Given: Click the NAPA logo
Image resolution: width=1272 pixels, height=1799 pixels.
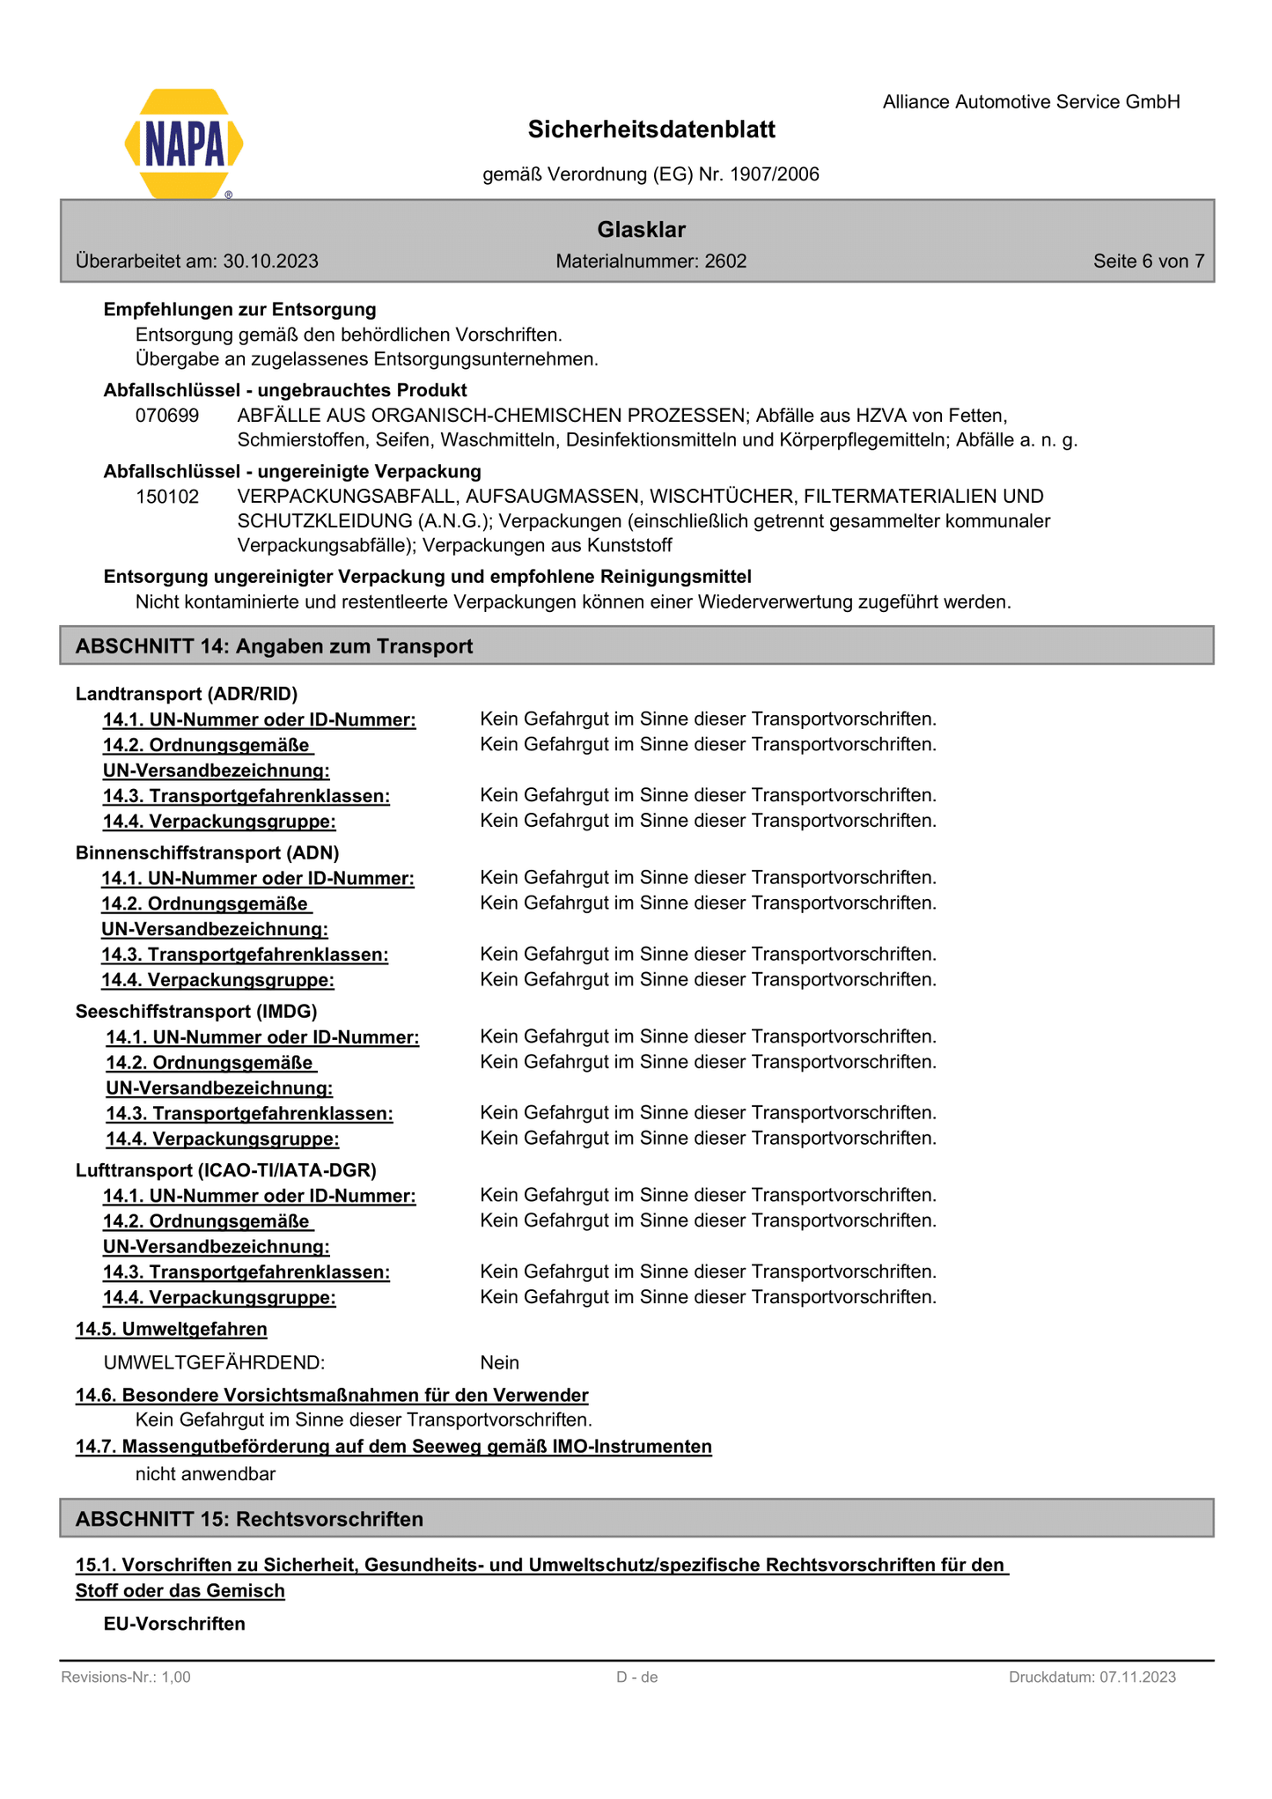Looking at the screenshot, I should pyautogui.click(x=184, y=144).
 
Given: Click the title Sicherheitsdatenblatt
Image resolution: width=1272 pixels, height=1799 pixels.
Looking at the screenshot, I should pyautogui.click(x=651, y=129).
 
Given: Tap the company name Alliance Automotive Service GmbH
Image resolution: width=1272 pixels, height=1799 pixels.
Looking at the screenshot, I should pyautogui.click(x=1031, y=102).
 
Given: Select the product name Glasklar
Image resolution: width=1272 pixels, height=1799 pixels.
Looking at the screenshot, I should pyautogui.click(x=641, y=230).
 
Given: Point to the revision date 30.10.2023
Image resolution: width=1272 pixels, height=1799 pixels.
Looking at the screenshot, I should pyautogui.click(x=270, y=262).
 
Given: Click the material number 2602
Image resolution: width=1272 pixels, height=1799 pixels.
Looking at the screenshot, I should pyautogui.click(x=725, y=262).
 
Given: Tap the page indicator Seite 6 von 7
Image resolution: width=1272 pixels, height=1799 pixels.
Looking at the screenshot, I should pyautogui.click(x=1148, y=262).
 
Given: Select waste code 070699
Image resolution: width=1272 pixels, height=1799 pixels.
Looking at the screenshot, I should pyautogui.click(x=167, y=415).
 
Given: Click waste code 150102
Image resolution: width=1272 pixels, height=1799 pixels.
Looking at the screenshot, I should pyautogui.click(x=167, y=497).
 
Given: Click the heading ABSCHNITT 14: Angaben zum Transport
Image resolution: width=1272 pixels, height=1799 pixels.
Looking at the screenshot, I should pyautogui.click(x=274, y=646).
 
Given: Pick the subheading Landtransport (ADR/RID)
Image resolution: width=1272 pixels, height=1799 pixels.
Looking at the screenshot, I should pyautogui.click(x=187, y=694).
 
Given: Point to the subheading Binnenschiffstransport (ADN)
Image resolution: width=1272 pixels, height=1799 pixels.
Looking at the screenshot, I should pyautogui.click(x=207, y=852).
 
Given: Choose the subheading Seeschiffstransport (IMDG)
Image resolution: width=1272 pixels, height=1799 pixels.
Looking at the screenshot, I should pyautogui.click(x=196, y=1011).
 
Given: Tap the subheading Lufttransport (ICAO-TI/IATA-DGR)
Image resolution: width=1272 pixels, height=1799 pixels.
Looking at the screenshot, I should pyautogui.click(x=225, y=1170).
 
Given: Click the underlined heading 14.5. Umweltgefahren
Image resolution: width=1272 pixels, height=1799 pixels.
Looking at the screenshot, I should pyautogui.click(x=172, y=1329).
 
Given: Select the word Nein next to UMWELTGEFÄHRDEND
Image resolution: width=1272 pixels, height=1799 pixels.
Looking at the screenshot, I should pyautogui.click(x=499, y=1363).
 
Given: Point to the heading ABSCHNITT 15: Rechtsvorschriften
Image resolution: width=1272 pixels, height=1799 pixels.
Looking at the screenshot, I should pyautogui.click(x=249, y=1519).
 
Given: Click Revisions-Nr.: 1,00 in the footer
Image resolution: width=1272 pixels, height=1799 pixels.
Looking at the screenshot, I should pyautogui.click(x=126, y=1677).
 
